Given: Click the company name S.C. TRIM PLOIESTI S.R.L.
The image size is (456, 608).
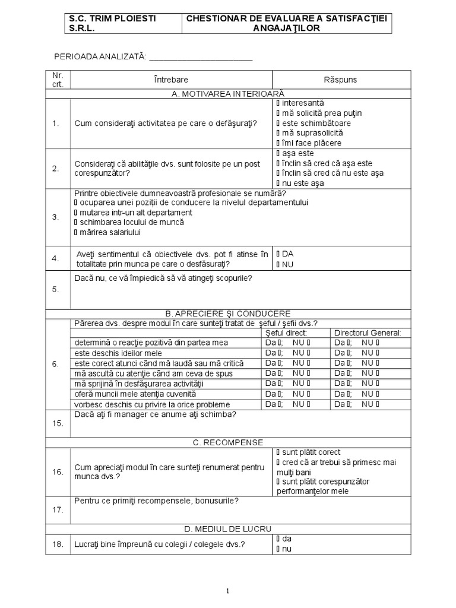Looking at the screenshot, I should tap(112, 23).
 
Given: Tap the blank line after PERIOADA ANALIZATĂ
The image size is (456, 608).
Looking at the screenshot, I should tap(201, 57).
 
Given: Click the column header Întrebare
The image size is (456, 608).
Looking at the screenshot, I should tap(170, 80).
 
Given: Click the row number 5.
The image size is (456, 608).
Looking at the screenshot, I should tap(55, 289).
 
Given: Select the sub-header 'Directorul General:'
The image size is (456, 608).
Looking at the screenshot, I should tap(367, 332).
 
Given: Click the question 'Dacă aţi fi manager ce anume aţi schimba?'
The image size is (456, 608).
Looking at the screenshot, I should tap(155, 414).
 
